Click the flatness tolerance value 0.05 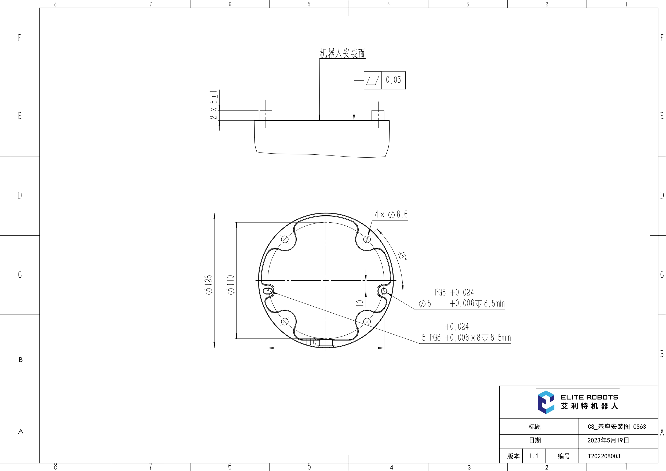click(x=393, y=80)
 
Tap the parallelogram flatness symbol click(x=373, y=80)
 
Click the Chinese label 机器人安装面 click(x=342, y=53)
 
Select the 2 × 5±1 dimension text click(x=214, y=105)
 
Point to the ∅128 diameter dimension click(x=209, y=285)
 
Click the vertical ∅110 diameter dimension click(x=231, y=285)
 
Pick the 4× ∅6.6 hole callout click(x=391, y=215)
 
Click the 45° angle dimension click(x=403, y=255)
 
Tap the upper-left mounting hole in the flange click(x=285, y=240)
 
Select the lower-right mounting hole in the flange click(x=367, y=321)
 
